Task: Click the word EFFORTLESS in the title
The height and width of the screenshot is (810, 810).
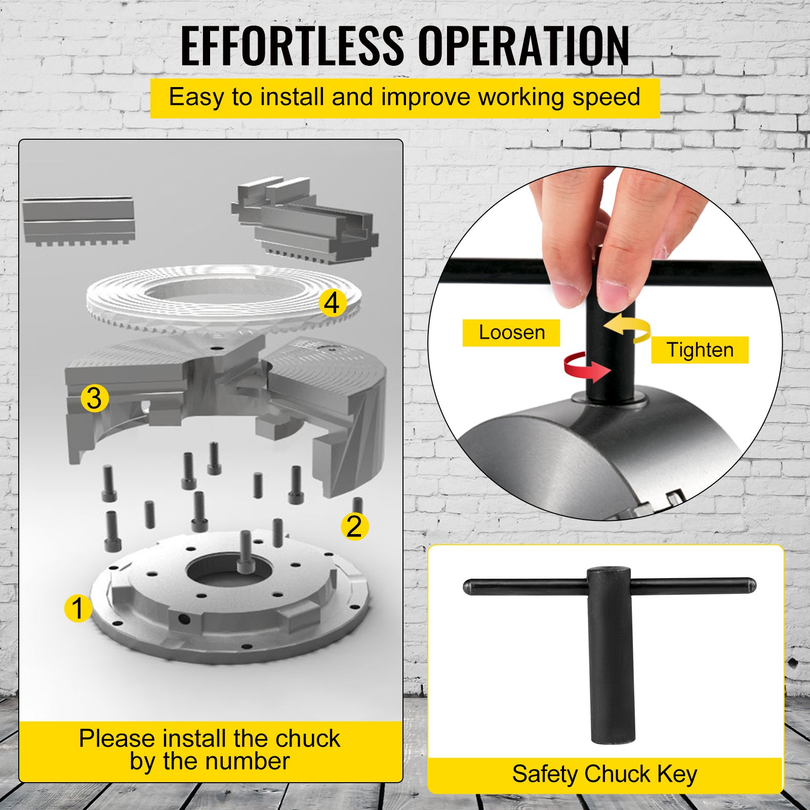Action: click(x=292, y=46)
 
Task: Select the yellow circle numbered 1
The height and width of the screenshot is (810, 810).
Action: click(x=78, y=608)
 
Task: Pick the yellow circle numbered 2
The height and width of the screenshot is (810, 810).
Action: click(x=354, y=526)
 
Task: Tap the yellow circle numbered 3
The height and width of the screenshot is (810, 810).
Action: click(x=95, y=398)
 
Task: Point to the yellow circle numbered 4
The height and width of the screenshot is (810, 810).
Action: click(x=333, y=303)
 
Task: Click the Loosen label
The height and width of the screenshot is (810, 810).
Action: click(x=511, y=333)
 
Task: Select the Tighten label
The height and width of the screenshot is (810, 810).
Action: click(x=700, y=350)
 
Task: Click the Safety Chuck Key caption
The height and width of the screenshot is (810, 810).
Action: click(x=604, y=774)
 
